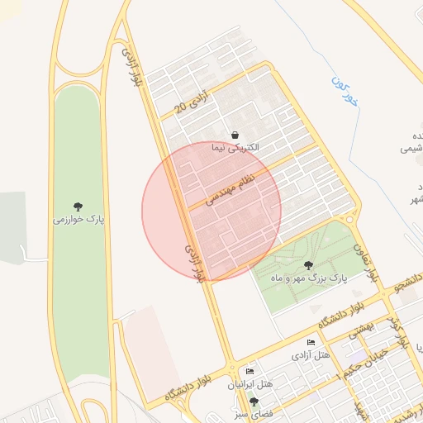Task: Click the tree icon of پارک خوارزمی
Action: (78, 206)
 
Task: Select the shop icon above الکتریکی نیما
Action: (235, 135)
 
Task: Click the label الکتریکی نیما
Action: (235, 148)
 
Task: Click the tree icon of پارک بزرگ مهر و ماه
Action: (308, 265)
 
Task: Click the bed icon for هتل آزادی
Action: (311, 343)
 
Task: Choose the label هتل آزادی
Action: (311, 355)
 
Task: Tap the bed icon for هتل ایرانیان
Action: (250, 372)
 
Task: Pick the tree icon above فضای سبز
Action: (254, 402)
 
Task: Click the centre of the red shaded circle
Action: (211, 211)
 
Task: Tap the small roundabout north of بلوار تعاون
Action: (350, 219)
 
